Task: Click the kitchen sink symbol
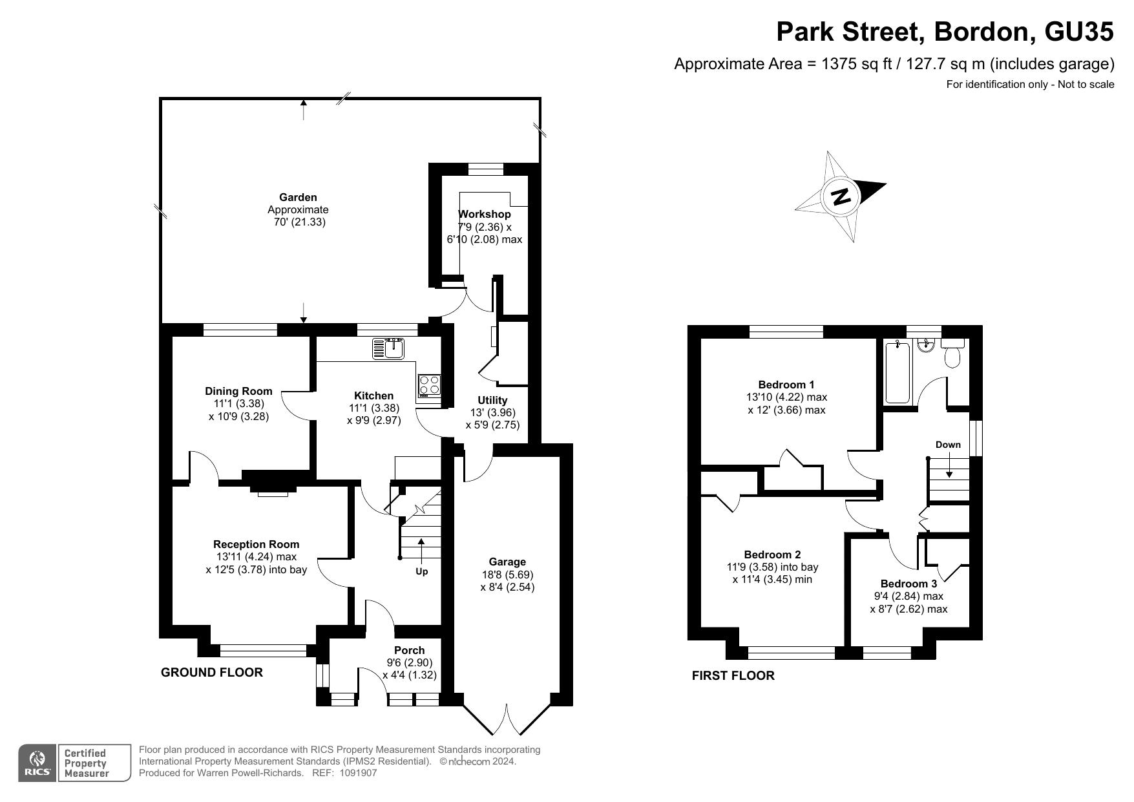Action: click(388, 348)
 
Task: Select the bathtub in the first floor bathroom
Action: click(898, 373)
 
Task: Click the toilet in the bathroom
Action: click(953, 352)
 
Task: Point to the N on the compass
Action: click(840, 196)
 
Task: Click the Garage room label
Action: click(507, 562)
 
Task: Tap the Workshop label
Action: click(485, 214)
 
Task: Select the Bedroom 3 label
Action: click(908, 584)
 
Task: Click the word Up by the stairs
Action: click(421, 571)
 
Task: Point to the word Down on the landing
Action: click(948, 445)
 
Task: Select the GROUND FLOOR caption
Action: click(212, 673)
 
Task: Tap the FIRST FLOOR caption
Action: click(733, 676)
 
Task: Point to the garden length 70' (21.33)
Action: click(298, 222)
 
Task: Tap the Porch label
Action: click(410, 651)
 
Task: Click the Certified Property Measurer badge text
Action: click(85, 763)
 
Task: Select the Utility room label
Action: click(492, 401)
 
